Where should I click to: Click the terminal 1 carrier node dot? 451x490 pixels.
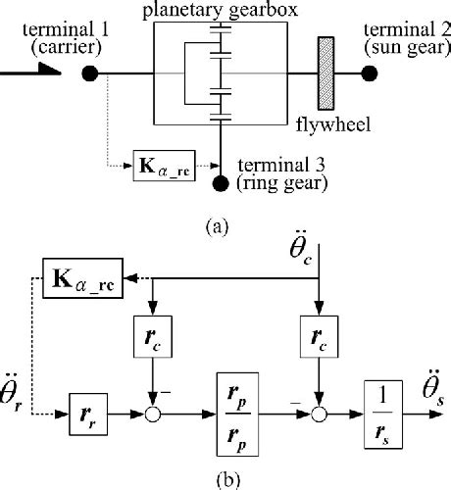(x=89, y=73)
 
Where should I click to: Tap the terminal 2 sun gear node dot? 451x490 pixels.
(x=370, y=73)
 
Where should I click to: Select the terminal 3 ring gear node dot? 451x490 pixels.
(x=221, y=181)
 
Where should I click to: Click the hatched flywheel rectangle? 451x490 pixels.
(x=322, y=73)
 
